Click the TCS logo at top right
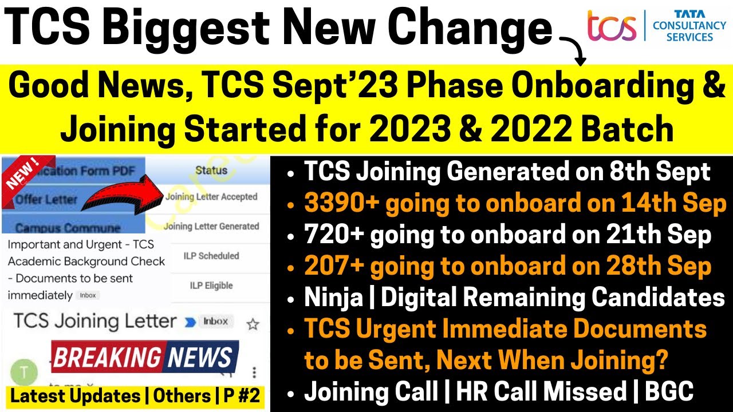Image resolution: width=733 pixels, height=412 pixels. click(612, 26)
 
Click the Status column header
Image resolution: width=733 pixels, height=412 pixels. click(211, 170)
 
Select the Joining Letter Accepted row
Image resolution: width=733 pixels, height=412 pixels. click(211, 197)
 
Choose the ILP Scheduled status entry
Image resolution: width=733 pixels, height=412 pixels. click(211, 256)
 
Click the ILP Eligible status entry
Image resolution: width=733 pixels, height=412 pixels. click(211, 286)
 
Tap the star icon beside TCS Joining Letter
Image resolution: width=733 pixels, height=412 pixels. click(253, 324)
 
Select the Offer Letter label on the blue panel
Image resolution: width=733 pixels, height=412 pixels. click(46, 200)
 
